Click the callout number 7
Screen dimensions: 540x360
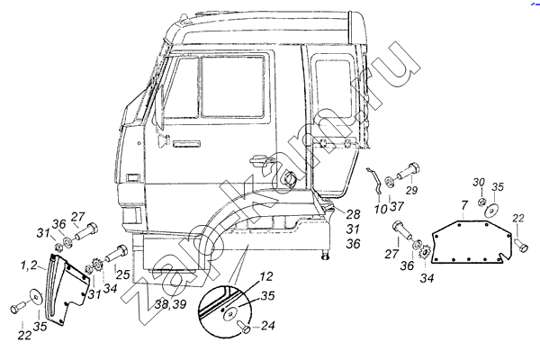(464, 205)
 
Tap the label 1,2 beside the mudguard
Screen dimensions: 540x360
(29, 265)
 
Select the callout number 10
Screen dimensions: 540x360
(381, 209)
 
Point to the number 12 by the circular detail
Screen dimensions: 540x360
(265, 276)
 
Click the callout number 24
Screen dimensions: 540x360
(267, 325)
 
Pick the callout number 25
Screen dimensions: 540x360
(122, 274)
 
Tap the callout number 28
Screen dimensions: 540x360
(353, 214)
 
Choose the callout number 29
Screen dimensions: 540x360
(411, 190)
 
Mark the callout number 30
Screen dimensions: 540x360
(479, 182)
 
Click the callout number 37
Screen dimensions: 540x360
(397, 206)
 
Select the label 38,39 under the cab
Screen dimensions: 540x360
(170, 304)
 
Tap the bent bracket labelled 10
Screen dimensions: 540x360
(376, 182)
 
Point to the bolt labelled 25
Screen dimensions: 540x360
(116, 253)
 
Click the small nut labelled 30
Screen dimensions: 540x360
(481, 202)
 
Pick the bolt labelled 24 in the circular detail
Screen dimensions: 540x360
(244, 326)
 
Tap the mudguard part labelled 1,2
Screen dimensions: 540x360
(65, 290)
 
